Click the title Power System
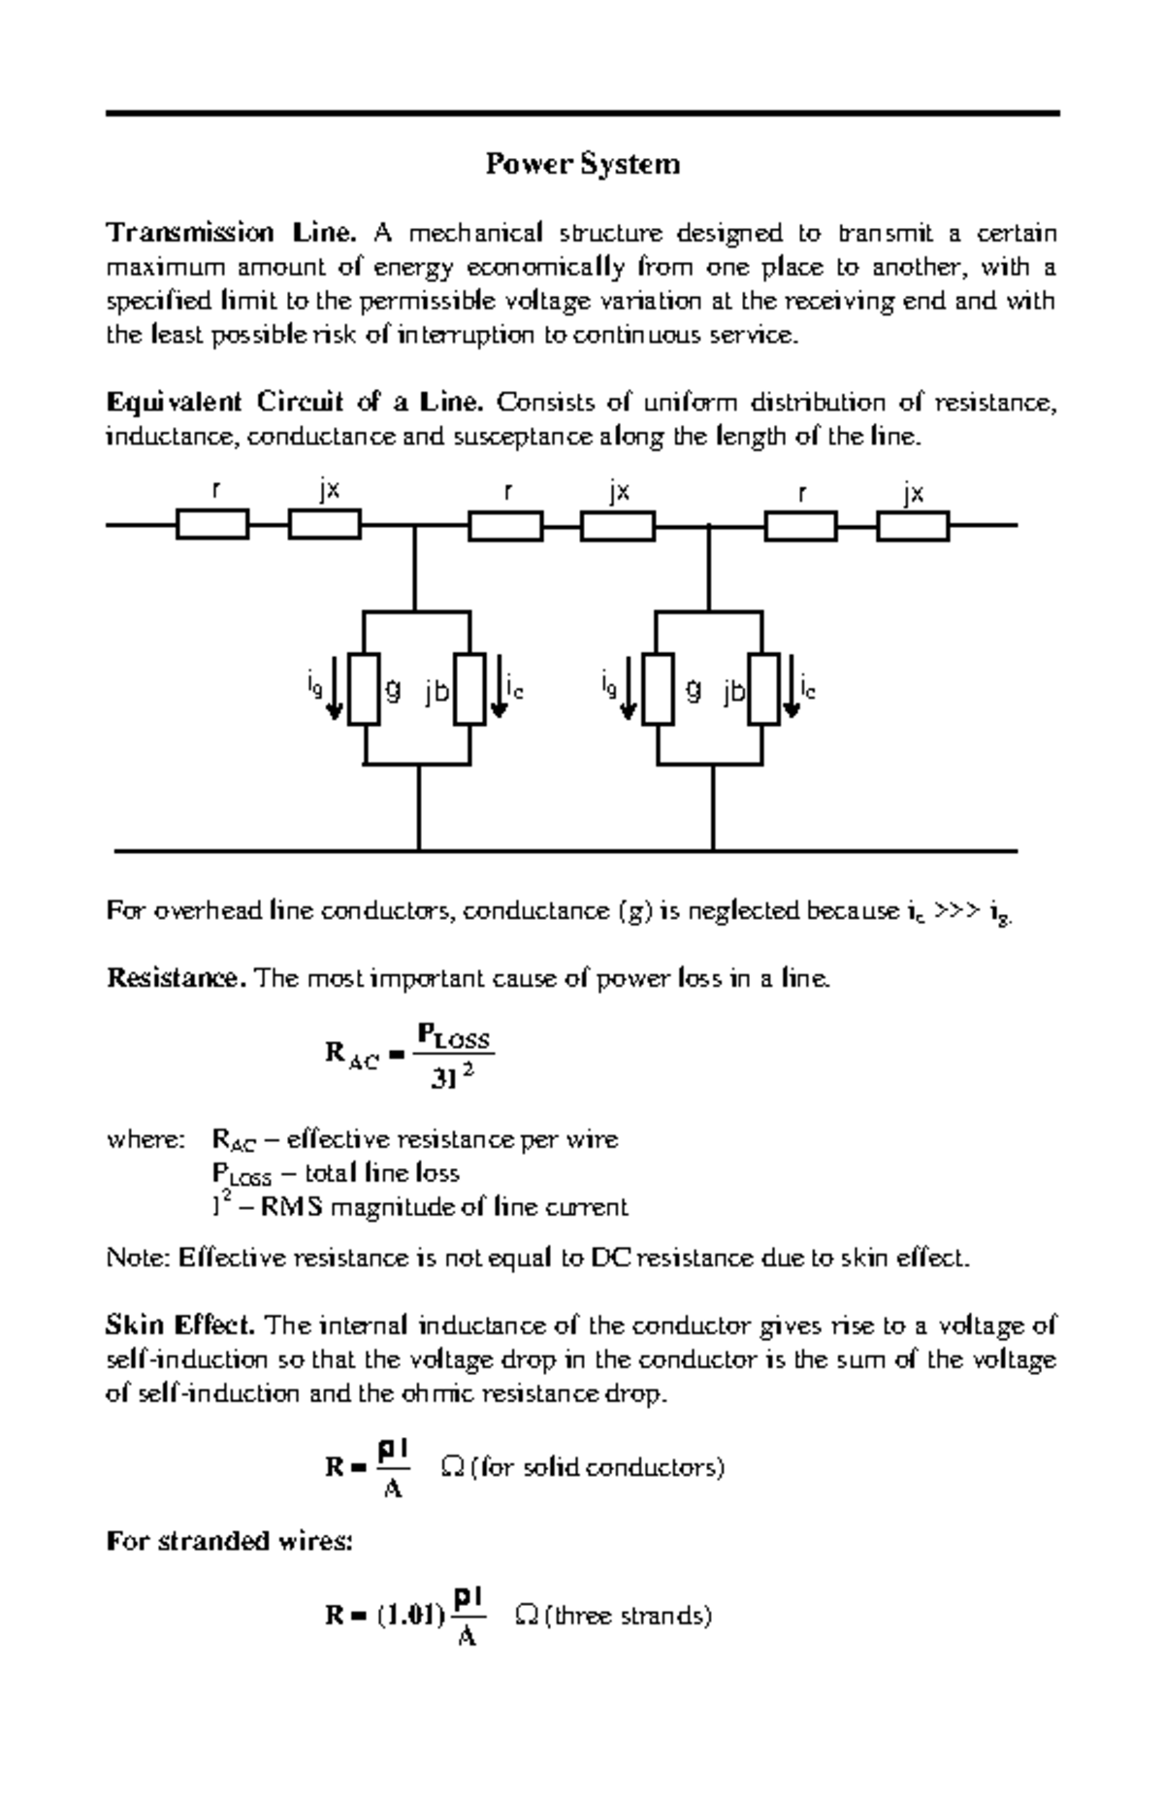(582, 164)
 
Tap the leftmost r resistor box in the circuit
(212, 526)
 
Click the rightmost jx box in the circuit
(912, 526)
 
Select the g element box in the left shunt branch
(365, 689)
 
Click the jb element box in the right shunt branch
(763, 689)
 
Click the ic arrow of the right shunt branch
(792, 689)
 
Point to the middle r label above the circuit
(506, 492)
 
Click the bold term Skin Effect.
(180, 1325)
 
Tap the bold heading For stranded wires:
(229, 1541)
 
